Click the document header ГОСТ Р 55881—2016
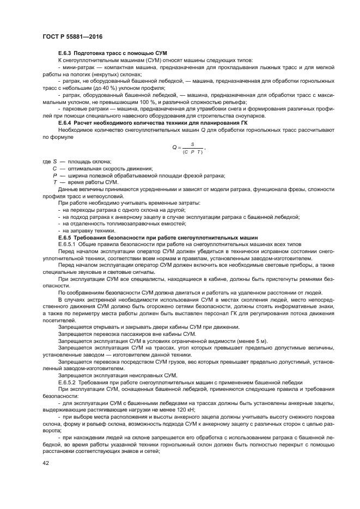pyautogui.click(x=72, y=36)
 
